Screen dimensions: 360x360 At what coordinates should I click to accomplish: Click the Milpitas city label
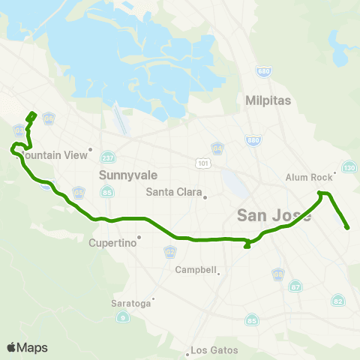(x=268, y=100)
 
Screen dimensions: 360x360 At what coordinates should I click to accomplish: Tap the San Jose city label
(x=263, y=215)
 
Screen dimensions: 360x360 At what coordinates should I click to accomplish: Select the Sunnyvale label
(x=120, y=174)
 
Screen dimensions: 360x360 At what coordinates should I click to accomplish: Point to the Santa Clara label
(x=174, y=192)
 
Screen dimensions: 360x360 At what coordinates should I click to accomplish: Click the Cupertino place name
(x=112, y=243)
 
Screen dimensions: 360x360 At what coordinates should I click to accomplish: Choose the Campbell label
(x=195, y=269)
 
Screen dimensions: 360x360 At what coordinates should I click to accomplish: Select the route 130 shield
(x=349, y=166)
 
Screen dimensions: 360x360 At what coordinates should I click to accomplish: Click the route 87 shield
(x=295, y=286)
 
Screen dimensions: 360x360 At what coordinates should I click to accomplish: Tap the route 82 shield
(x=339, y=301)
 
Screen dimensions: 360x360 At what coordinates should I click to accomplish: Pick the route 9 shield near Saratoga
(x=121, y=318)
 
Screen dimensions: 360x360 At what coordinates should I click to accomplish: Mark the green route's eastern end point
(x=347, y=227)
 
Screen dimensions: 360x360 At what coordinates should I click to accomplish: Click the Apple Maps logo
(x=27, y=347)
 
